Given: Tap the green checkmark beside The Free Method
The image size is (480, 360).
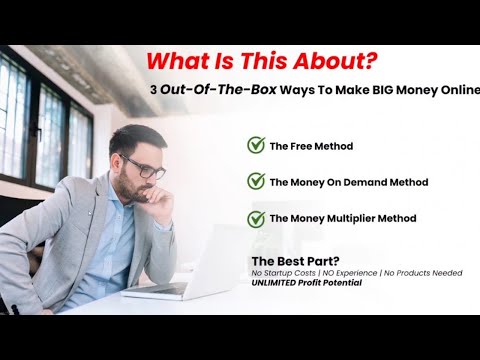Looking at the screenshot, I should pos(256,146).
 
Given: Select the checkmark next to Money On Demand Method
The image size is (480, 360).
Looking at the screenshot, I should pos(256,182).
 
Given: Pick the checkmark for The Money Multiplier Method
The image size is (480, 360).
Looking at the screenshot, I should pos(256,218).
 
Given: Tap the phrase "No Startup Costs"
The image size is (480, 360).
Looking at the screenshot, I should pos(285,273).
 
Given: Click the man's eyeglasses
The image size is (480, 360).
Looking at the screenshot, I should pos(146,166).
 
